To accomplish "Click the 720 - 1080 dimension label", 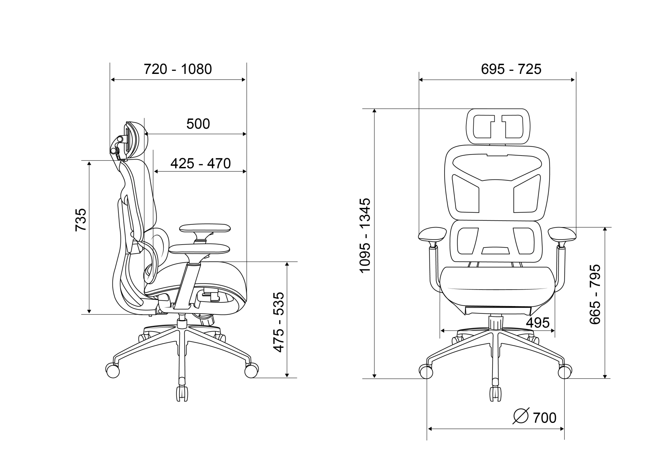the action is click(178, 69).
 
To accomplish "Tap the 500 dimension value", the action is click(198, 124).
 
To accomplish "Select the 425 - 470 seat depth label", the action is click(201, 164).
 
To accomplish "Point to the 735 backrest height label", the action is click(81, 220).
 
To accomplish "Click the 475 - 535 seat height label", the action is click(279, 322).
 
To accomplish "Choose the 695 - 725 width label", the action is click(511, 69).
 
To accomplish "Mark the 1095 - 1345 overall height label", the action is click(365, 235).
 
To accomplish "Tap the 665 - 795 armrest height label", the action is click(595, 294).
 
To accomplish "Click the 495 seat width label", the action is click(538, 323).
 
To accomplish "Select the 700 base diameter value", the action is click(545, 418).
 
